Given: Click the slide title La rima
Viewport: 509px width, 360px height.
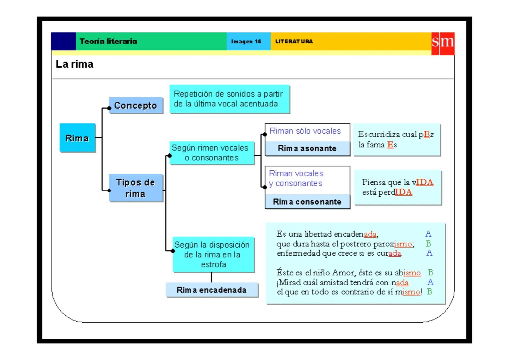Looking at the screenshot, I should (74, 64).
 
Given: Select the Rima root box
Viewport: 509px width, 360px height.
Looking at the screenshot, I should (77, 138).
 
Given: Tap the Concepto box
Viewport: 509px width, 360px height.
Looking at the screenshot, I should (136, 106).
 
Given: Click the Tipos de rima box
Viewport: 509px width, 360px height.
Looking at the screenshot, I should (136, 188).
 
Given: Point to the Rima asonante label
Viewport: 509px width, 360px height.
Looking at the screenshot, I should (307, 149).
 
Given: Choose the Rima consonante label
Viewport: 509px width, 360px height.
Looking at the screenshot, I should (307, 202).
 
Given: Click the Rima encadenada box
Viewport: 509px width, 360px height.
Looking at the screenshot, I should (212, 290).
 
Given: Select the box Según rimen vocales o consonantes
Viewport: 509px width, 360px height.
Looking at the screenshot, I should (211, 153).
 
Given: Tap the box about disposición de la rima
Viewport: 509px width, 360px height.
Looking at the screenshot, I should (213, 255).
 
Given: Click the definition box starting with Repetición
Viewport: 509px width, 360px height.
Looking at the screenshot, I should (229, 99).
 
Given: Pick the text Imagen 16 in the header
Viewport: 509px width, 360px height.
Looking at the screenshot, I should (246, 42).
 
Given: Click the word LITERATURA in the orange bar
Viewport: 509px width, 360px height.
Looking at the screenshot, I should (294, 42).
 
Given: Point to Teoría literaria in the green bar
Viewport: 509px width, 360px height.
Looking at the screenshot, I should (108, 41).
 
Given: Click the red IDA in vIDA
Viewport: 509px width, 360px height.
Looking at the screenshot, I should (424, 182).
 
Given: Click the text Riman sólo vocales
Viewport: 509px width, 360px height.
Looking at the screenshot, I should (305, 131).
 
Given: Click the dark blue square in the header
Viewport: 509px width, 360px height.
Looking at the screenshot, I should (63, 41).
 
